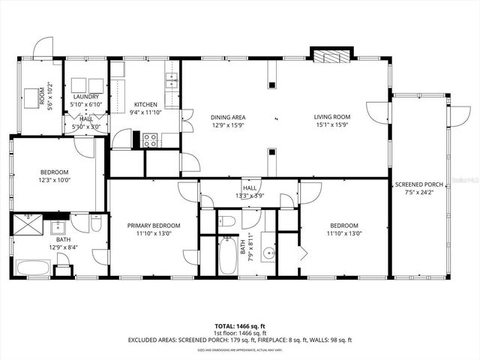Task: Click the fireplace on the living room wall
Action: [330, 56]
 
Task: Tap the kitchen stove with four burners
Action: [149, 139]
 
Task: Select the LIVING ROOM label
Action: [332, 116]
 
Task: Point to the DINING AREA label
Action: [228, 117]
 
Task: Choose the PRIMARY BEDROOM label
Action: [153, 225]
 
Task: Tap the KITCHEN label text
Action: [145, 104]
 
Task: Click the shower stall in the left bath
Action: [30, 223]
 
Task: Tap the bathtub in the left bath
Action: [33, 267]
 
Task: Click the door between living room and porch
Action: [377, 112]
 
